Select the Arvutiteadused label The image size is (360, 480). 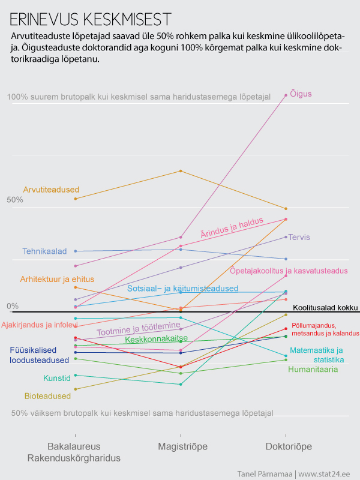(51, 190)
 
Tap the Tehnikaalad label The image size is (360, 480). (44, 251)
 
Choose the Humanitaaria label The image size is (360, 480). (313, 369)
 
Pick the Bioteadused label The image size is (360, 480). (47, 396)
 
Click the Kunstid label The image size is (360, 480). (57, 378)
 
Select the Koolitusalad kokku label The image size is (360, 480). (329, 307)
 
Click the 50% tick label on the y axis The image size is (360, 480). (15, 200)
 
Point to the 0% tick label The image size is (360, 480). (13, 306)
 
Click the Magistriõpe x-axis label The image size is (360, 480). (180, 447)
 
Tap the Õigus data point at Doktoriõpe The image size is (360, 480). (286, 95)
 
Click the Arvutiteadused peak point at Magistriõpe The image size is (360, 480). (180, 171)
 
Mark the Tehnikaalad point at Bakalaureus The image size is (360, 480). (75, 251)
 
